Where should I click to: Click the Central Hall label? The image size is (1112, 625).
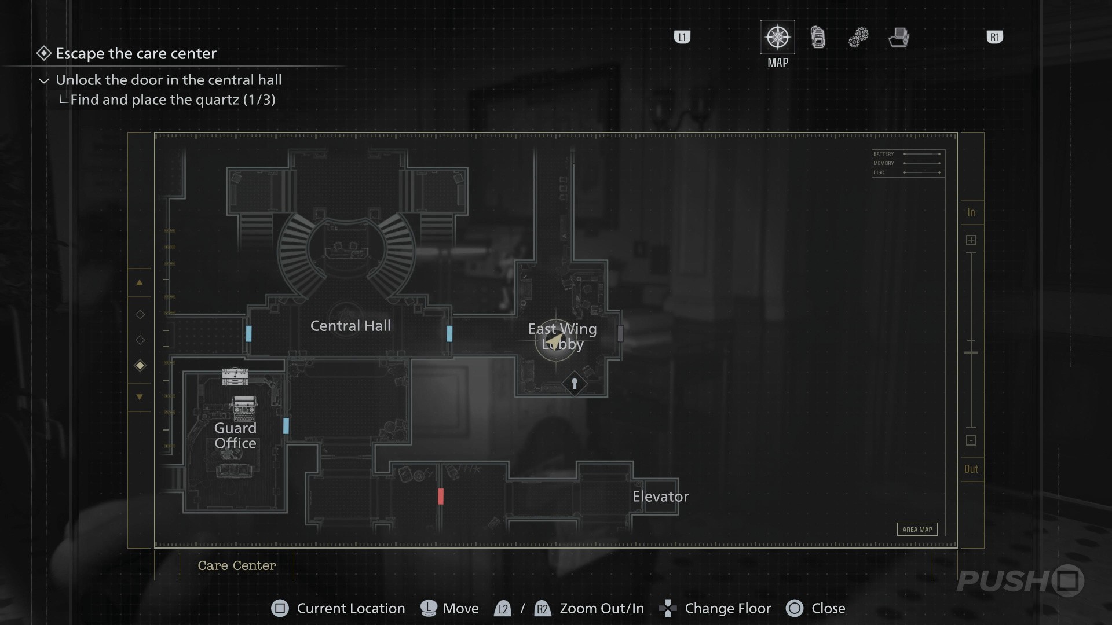(x=350, y=326)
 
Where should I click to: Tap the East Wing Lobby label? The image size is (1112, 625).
(x=562, y=336)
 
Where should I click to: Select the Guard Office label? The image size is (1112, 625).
(x=235, y=435)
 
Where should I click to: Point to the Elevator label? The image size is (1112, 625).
(x=660, y=497)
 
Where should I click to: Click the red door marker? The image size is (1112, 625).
(x=441, y=496)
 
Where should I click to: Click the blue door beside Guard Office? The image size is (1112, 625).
(x=286, y=426)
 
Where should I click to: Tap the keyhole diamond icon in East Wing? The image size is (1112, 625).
(x=574, y=384)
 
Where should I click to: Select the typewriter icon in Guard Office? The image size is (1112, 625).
(x=244, y=407)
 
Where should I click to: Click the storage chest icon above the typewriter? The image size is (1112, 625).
(x=235, y=377)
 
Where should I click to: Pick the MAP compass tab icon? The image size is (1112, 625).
(x=777, y=38)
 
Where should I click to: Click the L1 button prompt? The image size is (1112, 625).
(x=682, y=38)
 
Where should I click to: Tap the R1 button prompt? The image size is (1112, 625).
(x=994, y=38)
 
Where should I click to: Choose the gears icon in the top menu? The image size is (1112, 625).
(x=858, y=38)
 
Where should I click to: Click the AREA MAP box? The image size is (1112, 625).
(x=917, y=529)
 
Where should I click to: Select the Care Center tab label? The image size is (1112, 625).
(x=237, y=565)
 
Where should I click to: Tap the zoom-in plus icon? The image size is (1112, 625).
(x=971, y=240)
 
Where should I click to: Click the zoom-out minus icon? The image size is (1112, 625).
(x=971, y=440)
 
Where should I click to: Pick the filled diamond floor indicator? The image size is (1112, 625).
(x=140, y=365)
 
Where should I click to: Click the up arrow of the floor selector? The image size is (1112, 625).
(x=140, y=283)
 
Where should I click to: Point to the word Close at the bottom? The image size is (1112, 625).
(x=828, y=608)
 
